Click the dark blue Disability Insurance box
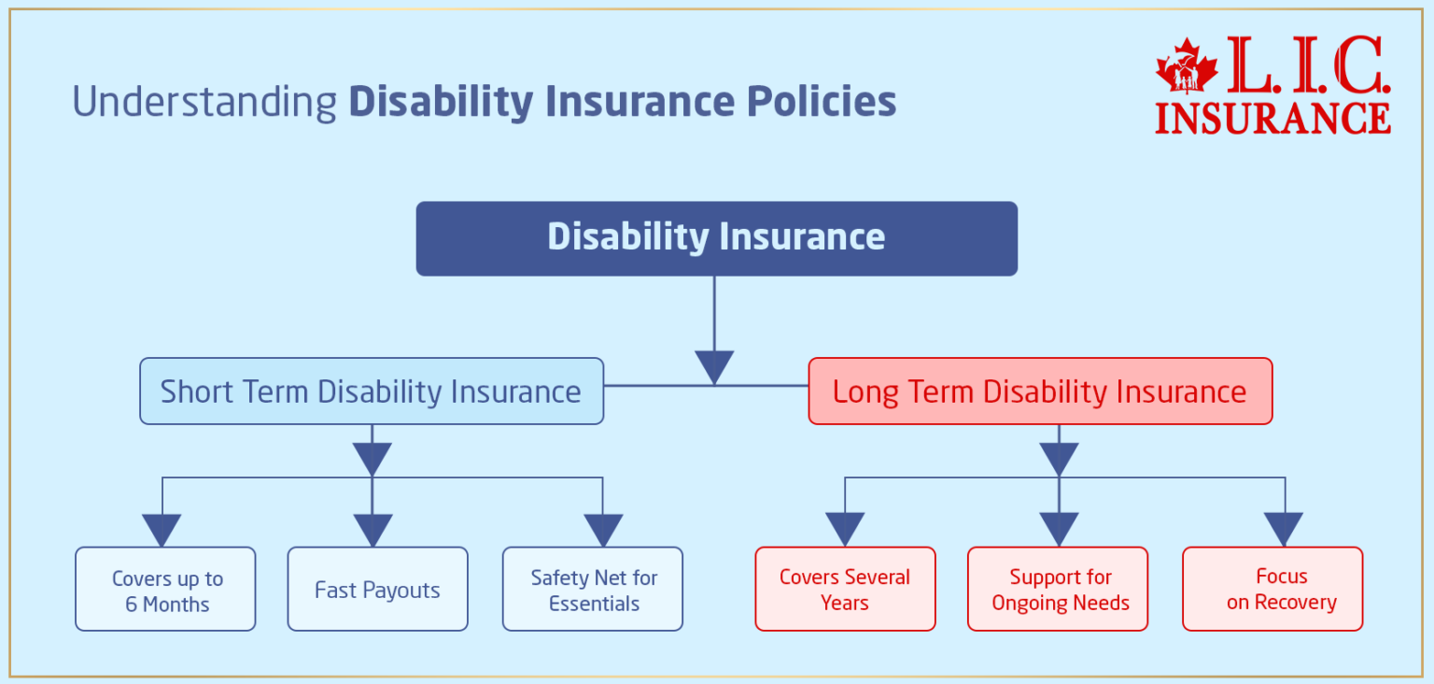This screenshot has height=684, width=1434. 716,238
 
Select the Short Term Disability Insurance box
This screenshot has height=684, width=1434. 372,391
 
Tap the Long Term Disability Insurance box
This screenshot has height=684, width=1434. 1040,391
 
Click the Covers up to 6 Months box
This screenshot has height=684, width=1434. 165,589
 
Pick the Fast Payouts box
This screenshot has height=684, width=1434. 377,589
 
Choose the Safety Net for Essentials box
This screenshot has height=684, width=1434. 593,589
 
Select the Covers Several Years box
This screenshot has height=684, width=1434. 845,589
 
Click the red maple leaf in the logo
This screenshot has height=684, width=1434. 1187,68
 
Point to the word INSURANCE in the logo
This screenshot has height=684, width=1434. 1272,117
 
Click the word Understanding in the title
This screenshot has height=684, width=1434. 204,102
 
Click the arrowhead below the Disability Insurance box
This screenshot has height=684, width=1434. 714,366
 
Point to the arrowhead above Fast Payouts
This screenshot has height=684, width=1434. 373,529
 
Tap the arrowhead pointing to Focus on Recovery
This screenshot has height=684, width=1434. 1285,529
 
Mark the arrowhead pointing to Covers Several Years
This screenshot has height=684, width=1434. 845,529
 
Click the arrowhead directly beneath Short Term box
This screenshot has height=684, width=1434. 373,459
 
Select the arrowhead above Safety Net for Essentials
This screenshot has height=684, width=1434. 602,529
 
